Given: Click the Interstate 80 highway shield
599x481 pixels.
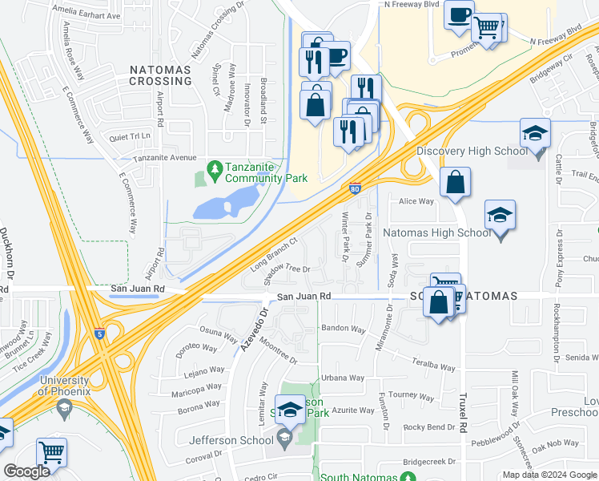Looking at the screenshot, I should [354, 189].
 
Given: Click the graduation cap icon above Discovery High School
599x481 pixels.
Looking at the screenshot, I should [535, 133].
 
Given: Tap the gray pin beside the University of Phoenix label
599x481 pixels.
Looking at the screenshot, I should [63, 410].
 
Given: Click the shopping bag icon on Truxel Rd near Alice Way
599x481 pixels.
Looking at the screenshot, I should [455, 182].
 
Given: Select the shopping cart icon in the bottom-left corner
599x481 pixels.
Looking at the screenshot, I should [52, 452].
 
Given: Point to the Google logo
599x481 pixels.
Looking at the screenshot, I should [26, 471].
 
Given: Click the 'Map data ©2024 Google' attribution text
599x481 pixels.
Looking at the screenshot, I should [549, 475].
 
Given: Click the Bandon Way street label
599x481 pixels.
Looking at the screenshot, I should [343, 329].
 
